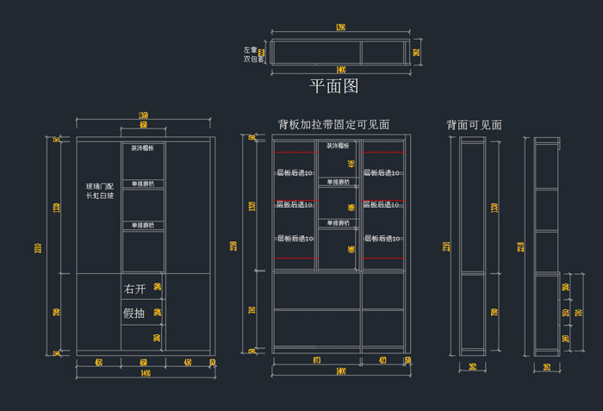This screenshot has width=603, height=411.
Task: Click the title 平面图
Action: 333,86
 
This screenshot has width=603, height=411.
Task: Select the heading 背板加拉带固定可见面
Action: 333,125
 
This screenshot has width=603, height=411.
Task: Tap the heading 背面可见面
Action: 474,125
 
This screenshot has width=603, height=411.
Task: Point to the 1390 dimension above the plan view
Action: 340,28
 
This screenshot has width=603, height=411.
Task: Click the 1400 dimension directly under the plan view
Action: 341,70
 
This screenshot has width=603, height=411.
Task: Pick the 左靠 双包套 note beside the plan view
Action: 253,54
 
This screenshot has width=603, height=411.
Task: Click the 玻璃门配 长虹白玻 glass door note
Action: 99,191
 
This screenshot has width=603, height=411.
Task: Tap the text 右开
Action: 134,289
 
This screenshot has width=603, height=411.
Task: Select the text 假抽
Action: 134,313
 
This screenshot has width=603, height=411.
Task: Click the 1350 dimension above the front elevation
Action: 143,115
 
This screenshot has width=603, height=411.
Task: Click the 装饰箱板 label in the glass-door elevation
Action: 143,148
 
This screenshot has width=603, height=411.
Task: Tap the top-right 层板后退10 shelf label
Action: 381,172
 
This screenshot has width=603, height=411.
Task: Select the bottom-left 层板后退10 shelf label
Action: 295,239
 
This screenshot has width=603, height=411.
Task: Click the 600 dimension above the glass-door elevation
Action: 143,126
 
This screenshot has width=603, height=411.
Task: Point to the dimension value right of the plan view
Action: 417,52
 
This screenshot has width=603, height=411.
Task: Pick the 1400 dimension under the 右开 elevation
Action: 143,373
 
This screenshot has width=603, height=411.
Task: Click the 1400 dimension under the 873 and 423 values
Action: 341,371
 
